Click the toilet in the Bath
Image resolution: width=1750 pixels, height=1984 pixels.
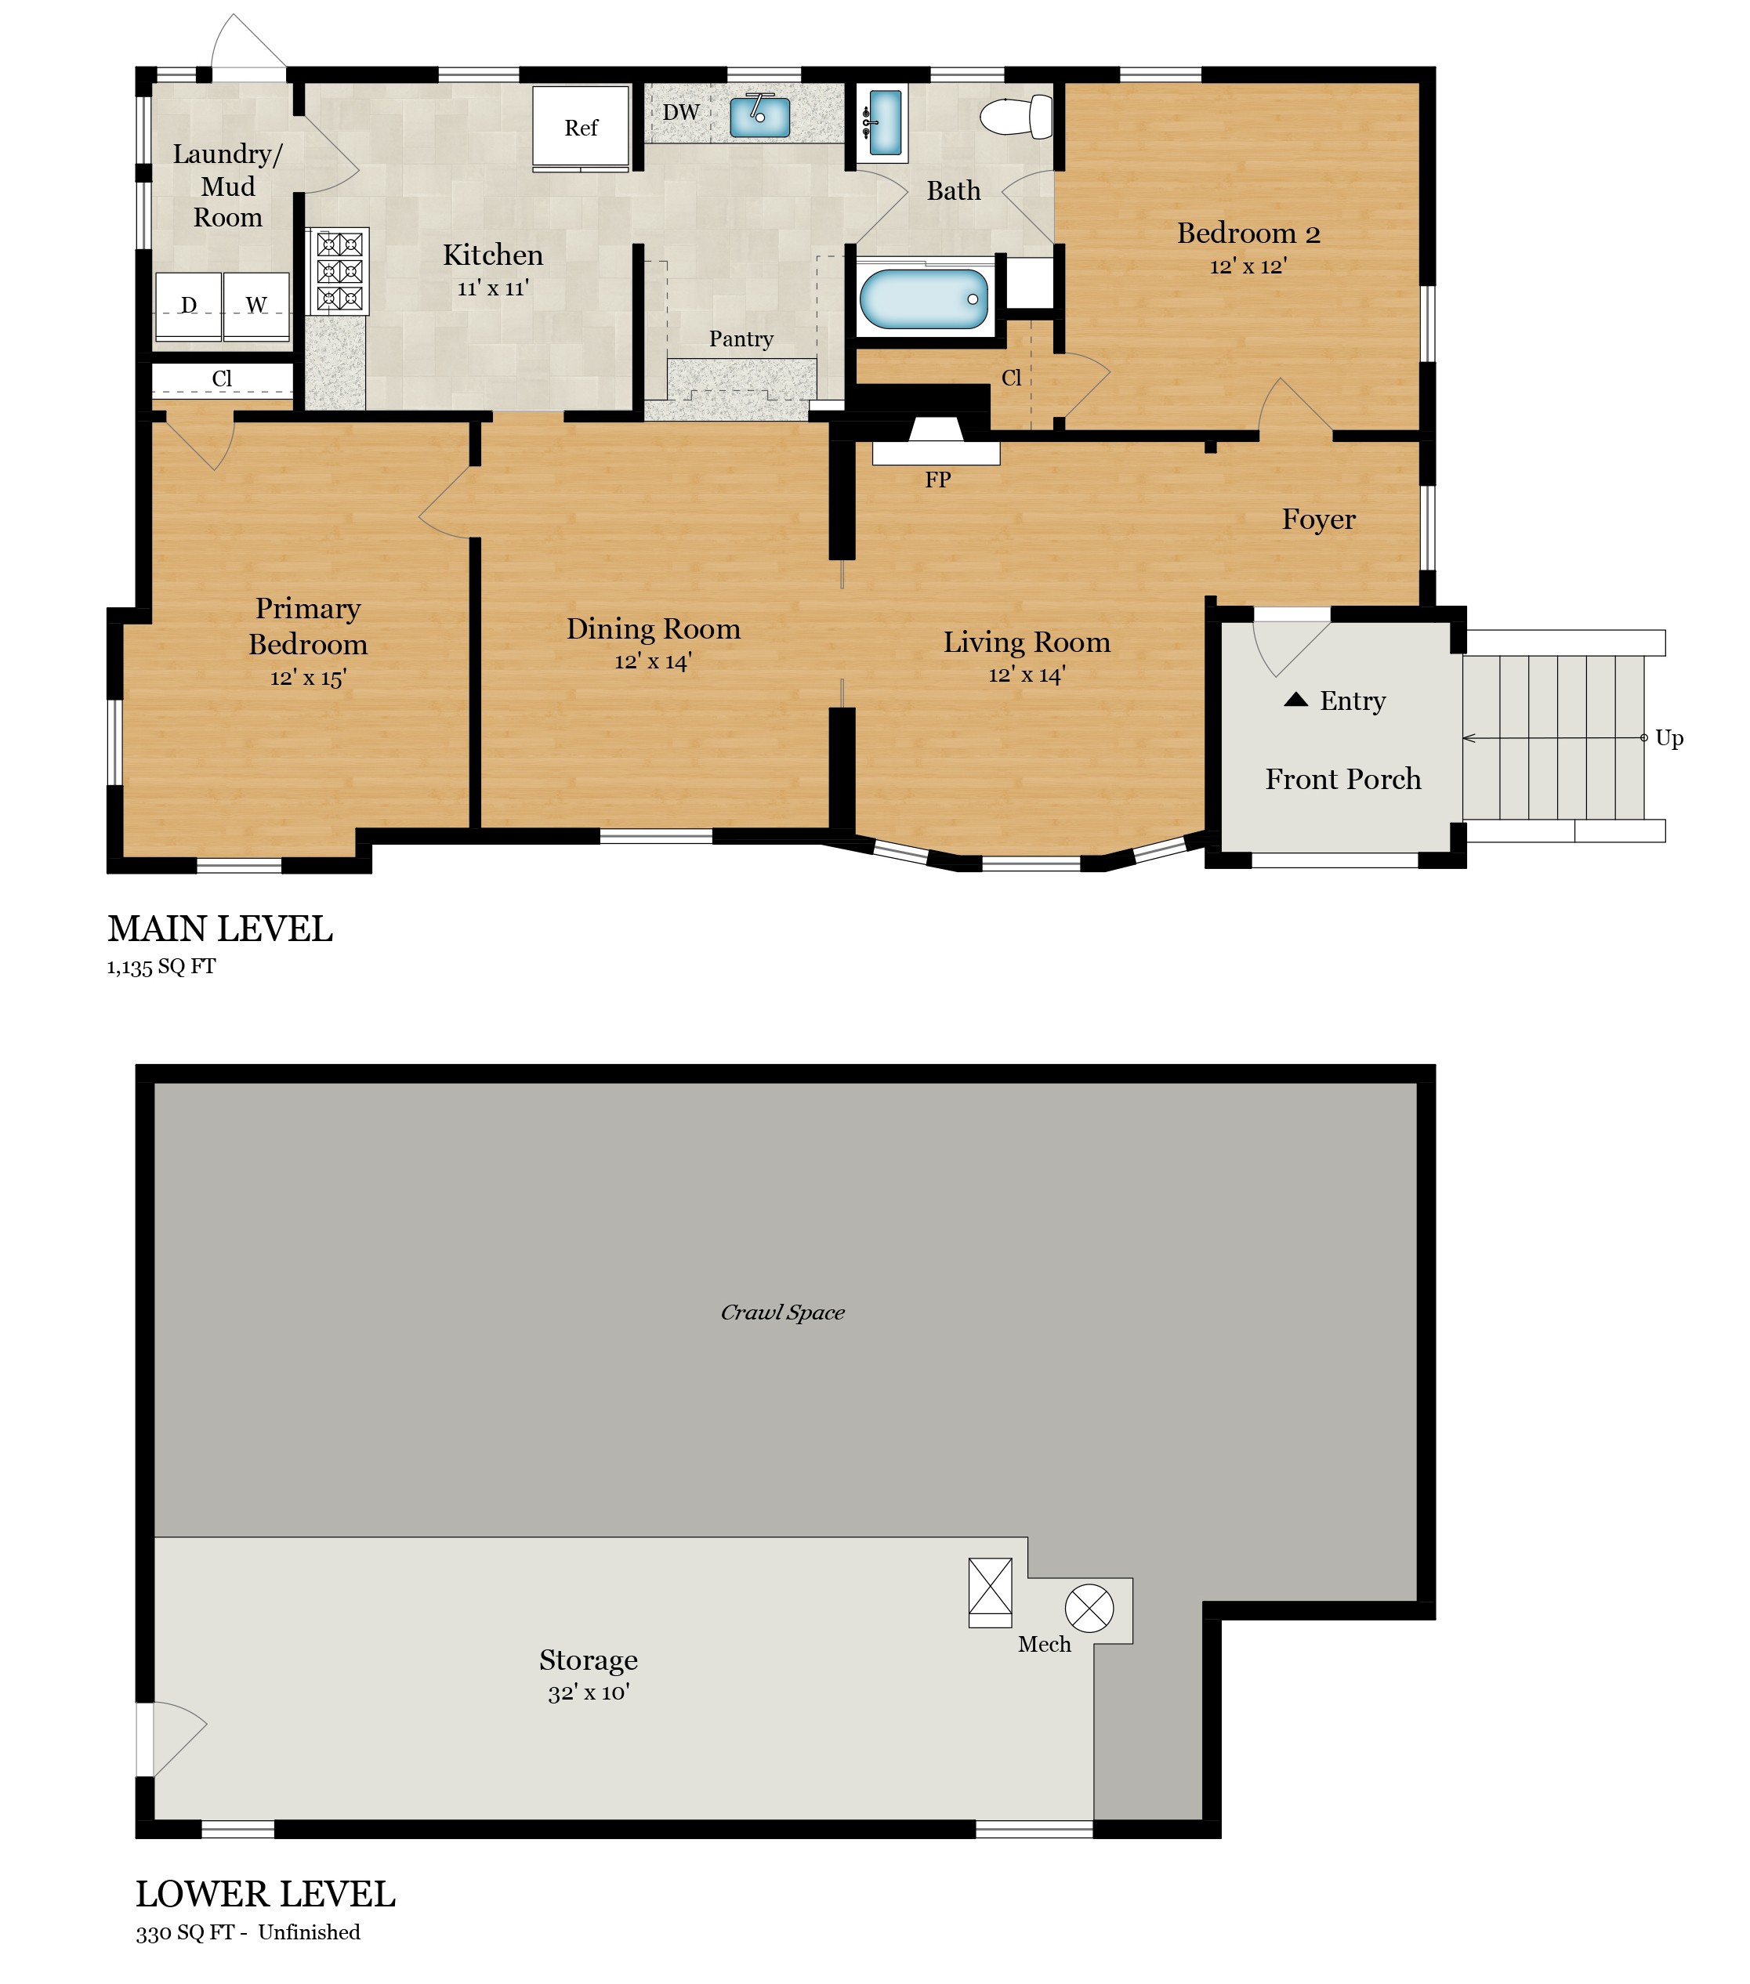click(x=1016, y=117)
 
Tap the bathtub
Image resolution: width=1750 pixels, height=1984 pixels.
click(x=923, y=299)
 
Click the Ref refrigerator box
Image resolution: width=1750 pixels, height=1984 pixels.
click(x=581, y=127)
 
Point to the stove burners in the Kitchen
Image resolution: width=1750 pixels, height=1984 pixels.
click(x=339, y=271)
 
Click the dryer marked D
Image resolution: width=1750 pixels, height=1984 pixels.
click(x=188, y=306)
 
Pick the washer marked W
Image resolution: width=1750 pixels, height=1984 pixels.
click(x=256, y=306)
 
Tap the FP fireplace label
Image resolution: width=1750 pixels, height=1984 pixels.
click(x=937, y=480)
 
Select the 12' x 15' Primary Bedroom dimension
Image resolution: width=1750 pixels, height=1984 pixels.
click(x=308, y=678)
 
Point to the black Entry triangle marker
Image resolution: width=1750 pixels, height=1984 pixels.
click(x=1295, y=700)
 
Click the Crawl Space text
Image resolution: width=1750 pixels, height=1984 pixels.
click(x=782, y=1313)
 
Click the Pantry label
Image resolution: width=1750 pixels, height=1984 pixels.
click(x=741, y=339)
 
